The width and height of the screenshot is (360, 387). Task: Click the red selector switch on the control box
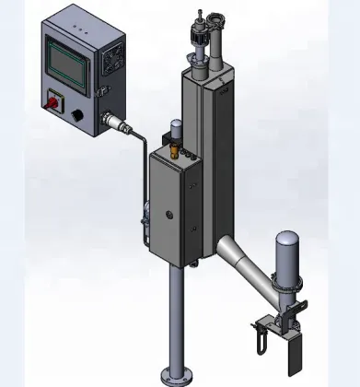point(52,102)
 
